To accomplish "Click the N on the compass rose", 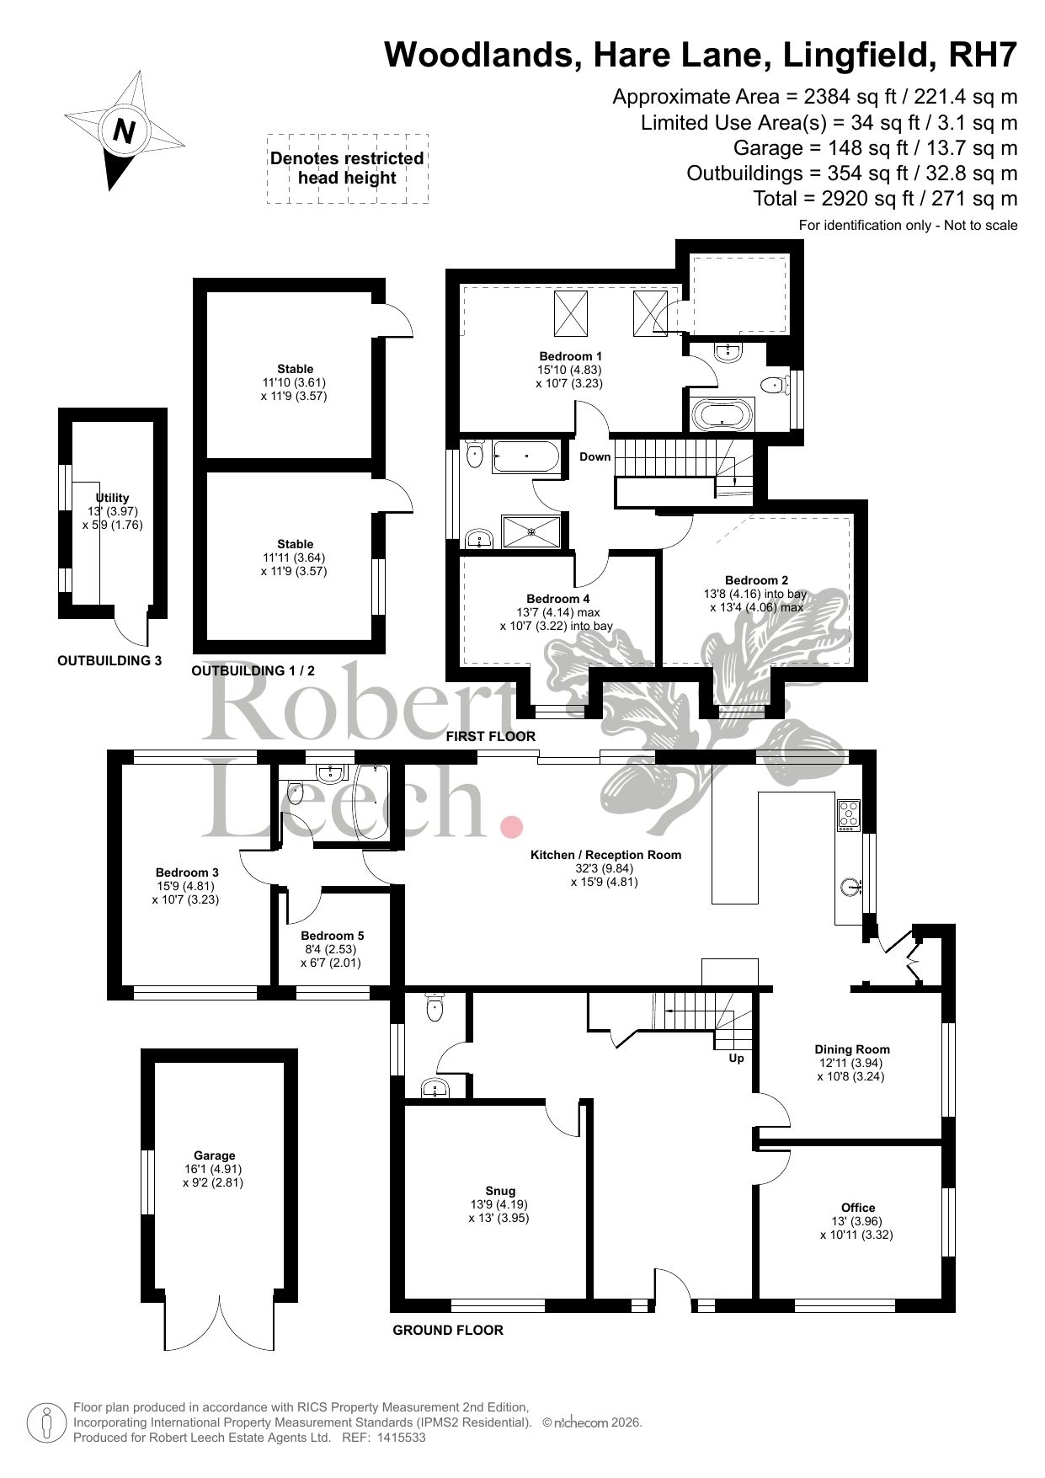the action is point(125,131).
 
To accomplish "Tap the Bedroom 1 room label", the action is point(570,356).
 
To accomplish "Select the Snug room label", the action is point(499,1191).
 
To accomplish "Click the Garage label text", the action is point(213,1155).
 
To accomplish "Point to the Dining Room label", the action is point(851,1049).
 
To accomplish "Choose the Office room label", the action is point(857,1208).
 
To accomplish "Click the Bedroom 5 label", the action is point(332,936).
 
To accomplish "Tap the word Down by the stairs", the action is point(594,457).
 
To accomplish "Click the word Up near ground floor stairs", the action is point(736,1059).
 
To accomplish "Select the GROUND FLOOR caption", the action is point(448,1331).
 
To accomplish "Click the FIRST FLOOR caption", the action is point(491,736).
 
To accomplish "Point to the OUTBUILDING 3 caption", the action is point(109,661).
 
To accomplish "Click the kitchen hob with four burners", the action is point(848,814).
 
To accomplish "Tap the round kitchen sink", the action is point(852,886).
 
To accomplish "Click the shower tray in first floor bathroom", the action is point(530,531).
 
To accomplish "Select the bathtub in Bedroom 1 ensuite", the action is point(723,414).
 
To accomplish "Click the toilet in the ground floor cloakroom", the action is point(435,1007).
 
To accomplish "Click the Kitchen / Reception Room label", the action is point(605,855).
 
